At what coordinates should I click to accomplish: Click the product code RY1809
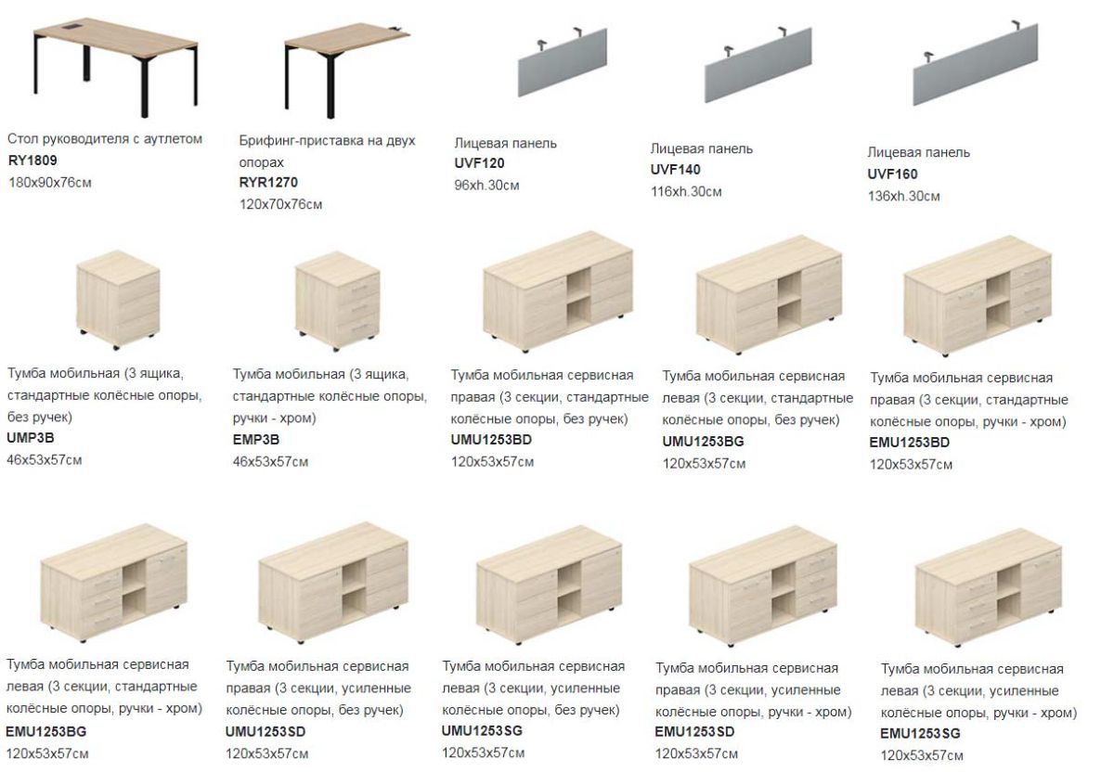point(32,161)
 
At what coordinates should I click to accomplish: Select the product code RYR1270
point(268,183)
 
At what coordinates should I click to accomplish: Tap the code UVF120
point(479,163)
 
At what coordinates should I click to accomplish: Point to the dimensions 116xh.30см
point(686,191)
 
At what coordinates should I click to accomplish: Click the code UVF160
point(893,174)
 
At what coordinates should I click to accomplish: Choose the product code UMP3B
point(31,438)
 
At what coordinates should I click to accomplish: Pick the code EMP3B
point(256,440)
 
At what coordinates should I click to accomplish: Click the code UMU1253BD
point(491,440)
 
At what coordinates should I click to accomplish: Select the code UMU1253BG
point(704,441)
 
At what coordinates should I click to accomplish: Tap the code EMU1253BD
point(910,442)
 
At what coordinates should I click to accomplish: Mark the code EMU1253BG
point(46,732)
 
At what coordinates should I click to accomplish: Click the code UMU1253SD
point(266,732)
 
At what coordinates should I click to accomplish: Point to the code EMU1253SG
point(921,733)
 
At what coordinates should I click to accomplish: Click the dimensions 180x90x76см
point(50,183)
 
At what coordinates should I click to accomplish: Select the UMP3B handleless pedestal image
point(119,300)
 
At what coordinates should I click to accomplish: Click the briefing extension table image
point(346,69)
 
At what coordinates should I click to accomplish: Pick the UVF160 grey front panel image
point(976,63)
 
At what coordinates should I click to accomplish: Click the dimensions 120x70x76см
point(281,204)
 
